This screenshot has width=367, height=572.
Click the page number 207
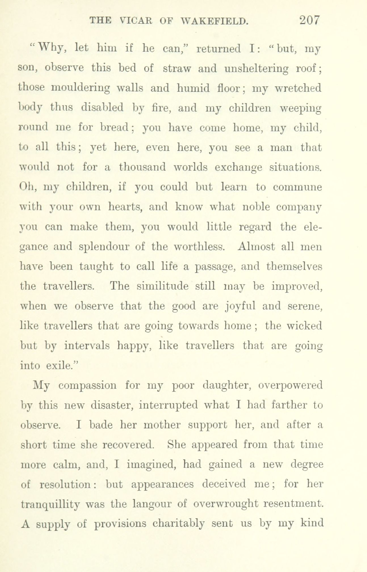[309, 21]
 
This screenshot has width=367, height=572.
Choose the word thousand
[142, 167]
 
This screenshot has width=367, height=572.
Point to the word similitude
[162, 286]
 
